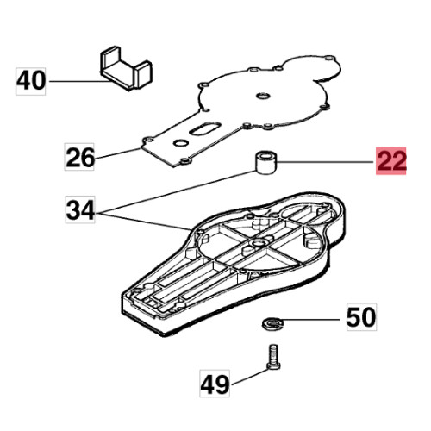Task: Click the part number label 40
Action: (x=31, y=81)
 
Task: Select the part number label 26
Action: (x=79, y=157)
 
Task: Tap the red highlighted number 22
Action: (x=391, y=160)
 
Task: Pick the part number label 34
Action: (x=80, y=209)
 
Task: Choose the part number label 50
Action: (x=361, y=317)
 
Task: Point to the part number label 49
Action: (x=215, y=384)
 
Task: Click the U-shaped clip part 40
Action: (x=126, y=68)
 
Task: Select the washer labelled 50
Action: (x=273, y=323)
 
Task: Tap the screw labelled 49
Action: (x=273, y=358)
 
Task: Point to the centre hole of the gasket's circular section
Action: (x=263, y=96)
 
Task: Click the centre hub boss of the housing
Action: (x=257, y=244)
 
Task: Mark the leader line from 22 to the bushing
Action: (x=327, y=163)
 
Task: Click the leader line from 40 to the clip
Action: (x=79, y=81)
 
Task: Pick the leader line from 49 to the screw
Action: (x=249, y=377)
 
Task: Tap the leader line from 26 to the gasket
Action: (x=117, y=154)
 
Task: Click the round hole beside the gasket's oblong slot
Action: (x=181, y=142)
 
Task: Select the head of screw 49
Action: (x=273, y=366)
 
